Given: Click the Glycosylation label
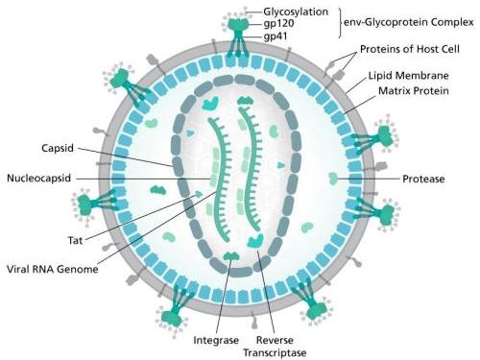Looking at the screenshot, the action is (x=296, y=12).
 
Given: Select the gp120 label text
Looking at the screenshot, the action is (x=278, y=24).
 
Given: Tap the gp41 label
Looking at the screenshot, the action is (x=276, y=36).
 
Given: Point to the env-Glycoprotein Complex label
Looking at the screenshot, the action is (x=409, y=22).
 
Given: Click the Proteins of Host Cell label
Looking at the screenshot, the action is (x=410, y=49).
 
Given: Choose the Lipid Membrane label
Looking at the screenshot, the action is (x=408, y=76).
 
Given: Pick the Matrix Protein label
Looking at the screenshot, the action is (x=414, y=91).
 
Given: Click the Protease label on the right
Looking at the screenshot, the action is (x=423, y=179).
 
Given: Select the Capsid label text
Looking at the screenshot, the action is (x=58, y=148).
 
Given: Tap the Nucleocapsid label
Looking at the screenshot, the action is (x=38, y=178).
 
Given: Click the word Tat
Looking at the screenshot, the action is (x=75, y=240).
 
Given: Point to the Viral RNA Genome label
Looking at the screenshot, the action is (x=53, y=269).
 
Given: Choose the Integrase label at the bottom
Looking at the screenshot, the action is (x=216, y=340).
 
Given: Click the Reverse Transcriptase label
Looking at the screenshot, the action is (x=275, y=347).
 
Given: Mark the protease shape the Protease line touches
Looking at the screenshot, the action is (x=333, y=179).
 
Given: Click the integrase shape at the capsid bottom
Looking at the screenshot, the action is (x=231, y=255).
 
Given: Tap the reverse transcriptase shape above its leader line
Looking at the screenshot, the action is (x=255, y=241).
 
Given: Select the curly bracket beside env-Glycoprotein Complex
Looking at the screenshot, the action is (x=340, y=22).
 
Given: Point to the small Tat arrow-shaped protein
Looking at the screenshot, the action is (x=199, y=194).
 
